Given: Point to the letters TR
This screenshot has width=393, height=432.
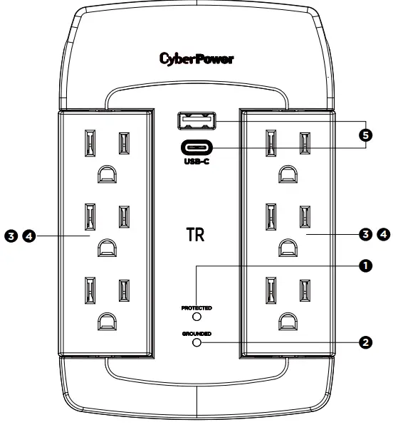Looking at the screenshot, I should pyautogui.click(x=196, y=236).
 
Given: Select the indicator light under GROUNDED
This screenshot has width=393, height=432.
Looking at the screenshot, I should pyautogui.click(x=197, y=342).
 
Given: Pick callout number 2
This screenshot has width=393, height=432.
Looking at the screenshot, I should pyautogui.click(x=365, y=342).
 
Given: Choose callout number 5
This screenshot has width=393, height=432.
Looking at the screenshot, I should pyautogui.click(x=365, y=135).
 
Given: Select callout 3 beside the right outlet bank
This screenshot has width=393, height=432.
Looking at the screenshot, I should pyautogui.click(x=365, y=233).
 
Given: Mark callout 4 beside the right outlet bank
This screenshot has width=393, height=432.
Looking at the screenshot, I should pyautogui.click(x=383, y=233).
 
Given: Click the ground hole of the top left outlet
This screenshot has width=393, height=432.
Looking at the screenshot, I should pyautogui.click(x=105, y=173).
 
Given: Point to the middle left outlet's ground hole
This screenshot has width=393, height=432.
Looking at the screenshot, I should pyautogui.click(x=105, y=247).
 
